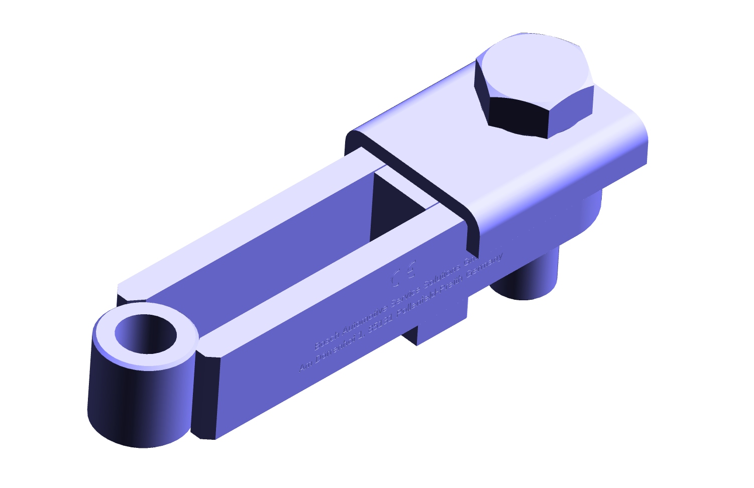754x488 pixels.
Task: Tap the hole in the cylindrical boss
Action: (x=146, y=333)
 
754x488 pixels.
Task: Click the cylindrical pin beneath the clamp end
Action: (x=527, y=276)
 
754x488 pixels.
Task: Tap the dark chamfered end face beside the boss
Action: (x=205, y=397)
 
